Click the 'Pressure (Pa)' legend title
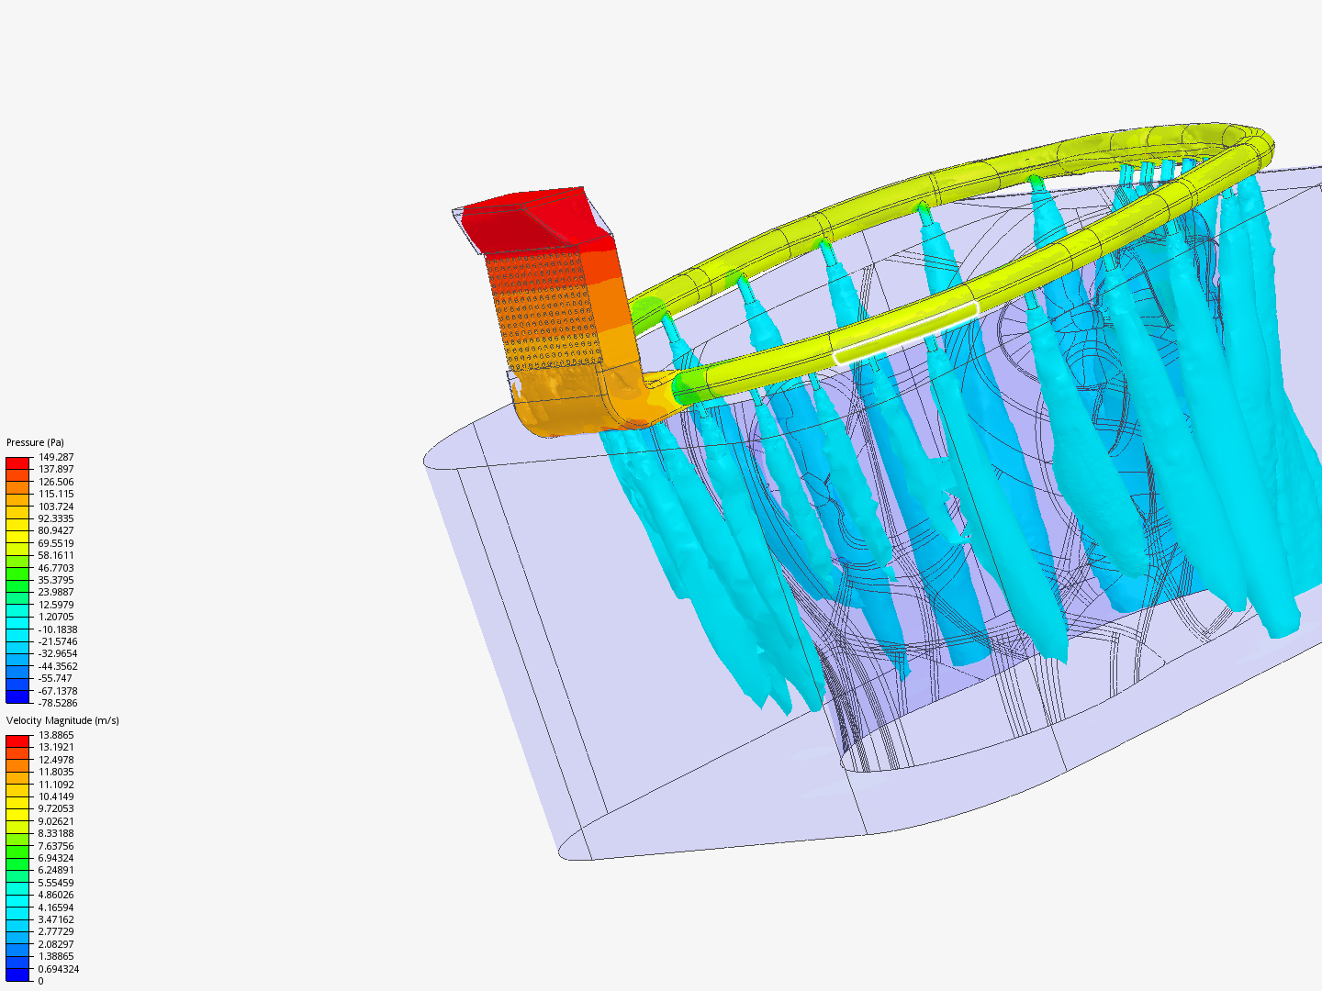[35, 442]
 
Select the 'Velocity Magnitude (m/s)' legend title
[62, 720]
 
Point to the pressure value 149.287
[56, 457]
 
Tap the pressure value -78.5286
[58, 703]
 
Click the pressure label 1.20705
[56, 617]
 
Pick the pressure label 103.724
[56, 507]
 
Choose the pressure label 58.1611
[56, 555]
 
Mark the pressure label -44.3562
[58, 666]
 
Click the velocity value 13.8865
[56, 735]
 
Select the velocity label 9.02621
[56, 821]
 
